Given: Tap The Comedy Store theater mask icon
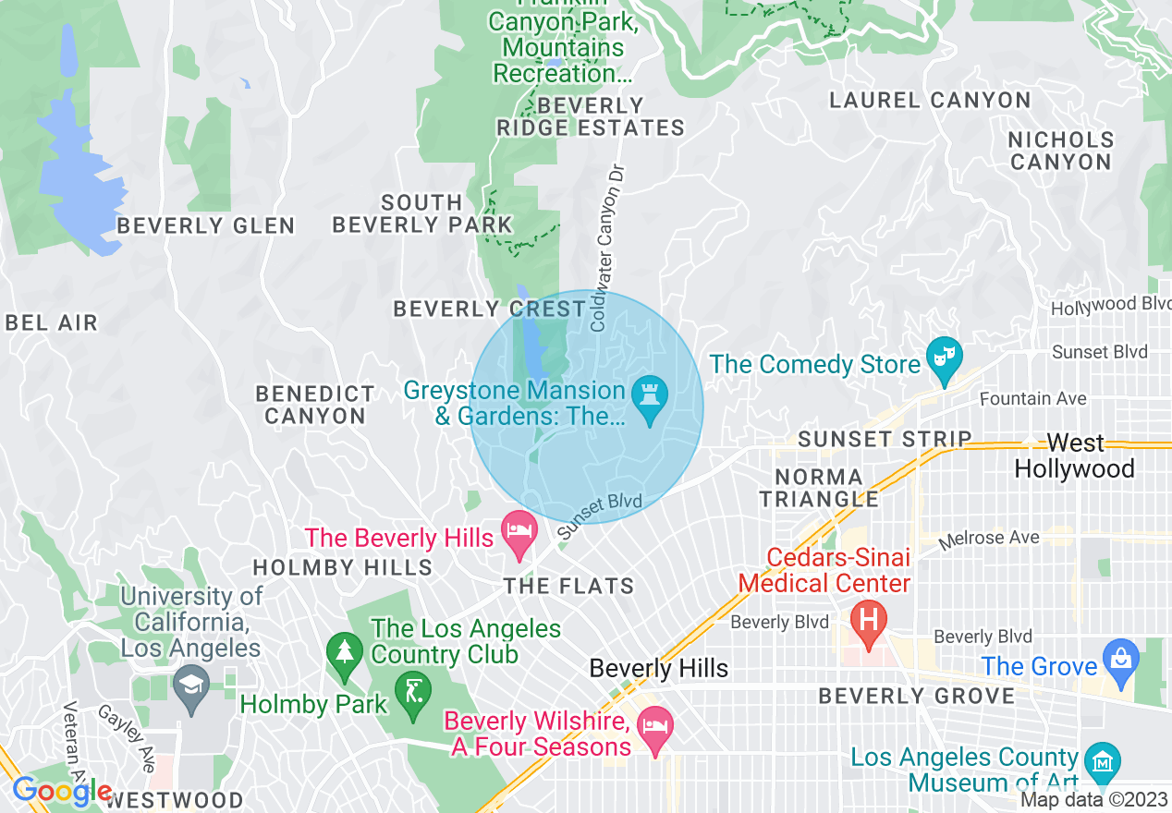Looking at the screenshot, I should pyautogui.click(x=945, y=358).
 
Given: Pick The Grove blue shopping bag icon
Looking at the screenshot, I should pyautogui.click(x=1120, y=660).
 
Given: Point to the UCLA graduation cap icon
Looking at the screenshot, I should pyautogui.click(x=190, y=686).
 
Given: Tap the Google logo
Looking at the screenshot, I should pyautogui.click(x=61, y=792).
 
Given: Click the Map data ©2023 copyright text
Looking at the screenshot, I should pyautogui.click(x=1094, y=800).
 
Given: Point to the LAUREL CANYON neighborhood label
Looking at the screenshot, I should pyautogui.click(x=929, y=100).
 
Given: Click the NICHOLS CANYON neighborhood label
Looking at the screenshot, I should pyautogui.click(x=1060, y=151).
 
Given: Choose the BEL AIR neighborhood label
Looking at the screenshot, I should pyautogui.click(x=51, y=322).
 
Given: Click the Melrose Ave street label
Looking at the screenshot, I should pyautogui.click(x=989, y=539).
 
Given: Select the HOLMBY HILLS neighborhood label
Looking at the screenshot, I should pyautogui.click(x=342, y=566).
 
